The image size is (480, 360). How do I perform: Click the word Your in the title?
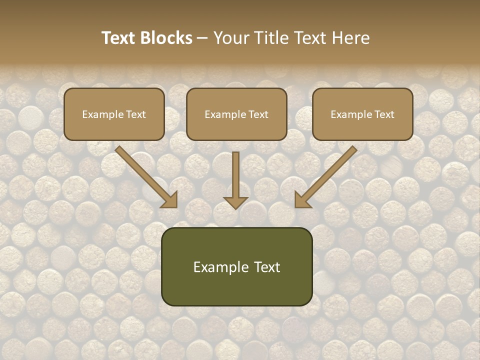pos(228,38)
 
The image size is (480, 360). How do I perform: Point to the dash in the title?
pos(202,38)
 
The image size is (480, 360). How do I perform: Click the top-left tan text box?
pos(114,114)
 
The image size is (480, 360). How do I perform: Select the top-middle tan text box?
pos(236,114)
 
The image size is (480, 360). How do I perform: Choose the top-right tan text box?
pos(362,114)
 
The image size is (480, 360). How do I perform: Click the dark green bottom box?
pos(236,266)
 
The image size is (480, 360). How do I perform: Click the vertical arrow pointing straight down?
pos(235,177)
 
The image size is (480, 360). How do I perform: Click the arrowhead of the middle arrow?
pos(235,202)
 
